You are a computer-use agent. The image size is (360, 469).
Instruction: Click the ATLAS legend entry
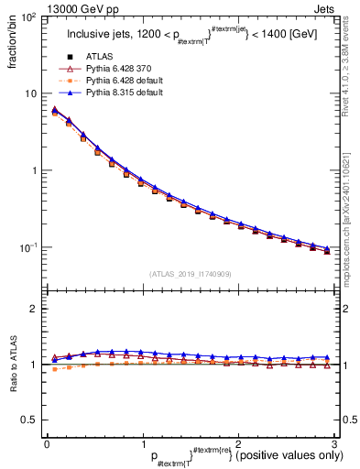pyautogui.click(x=100, y=57)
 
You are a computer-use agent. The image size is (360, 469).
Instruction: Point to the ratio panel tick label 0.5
pyautogui.click(x=28, y=420)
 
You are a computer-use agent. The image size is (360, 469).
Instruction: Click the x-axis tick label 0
pyautogui.click(x=47, y=442)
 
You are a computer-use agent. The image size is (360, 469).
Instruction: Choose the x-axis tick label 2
pyautogui.click(x=238, y=442)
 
